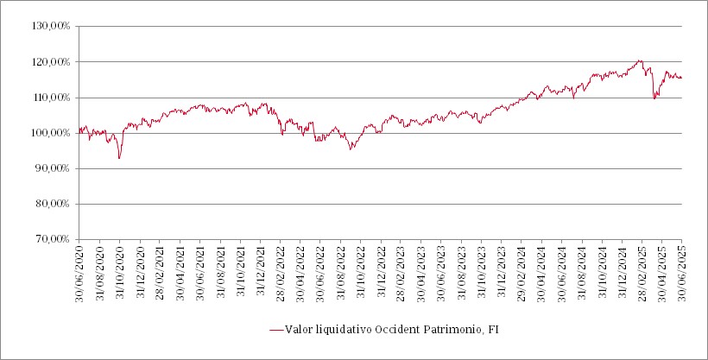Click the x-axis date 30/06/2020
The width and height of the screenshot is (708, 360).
79,272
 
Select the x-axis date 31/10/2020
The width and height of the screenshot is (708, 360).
119,272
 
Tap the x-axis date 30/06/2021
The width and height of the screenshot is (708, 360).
199,272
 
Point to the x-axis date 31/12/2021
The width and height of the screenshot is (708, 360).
260,272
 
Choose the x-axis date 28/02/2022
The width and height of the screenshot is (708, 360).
281,272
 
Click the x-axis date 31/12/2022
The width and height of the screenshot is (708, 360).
381,272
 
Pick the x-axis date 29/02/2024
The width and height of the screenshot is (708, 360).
522,272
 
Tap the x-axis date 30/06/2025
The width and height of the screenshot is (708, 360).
682,272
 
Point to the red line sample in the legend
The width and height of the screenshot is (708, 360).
276,329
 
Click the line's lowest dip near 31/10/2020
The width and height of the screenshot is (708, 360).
119,158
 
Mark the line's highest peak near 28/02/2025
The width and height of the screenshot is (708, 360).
640,60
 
